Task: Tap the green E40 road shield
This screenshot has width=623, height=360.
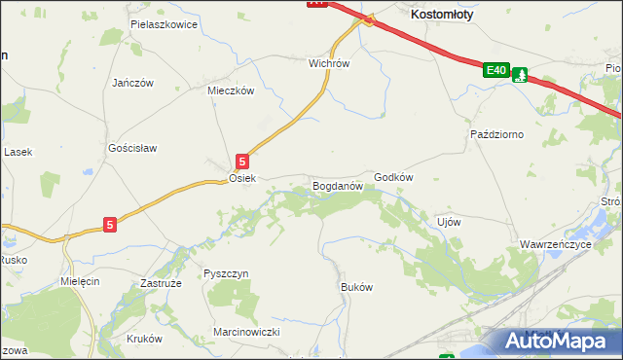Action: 496,70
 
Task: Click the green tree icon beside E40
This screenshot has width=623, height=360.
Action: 521,74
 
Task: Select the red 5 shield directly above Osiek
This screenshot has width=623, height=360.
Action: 243,162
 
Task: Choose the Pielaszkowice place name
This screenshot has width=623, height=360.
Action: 165,23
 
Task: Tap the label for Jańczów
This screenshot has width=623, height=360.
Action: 133,83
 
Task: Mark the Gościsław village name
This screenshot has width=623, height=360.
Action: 132,148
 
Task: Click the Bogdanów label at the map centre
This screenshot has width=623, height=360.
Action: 337,184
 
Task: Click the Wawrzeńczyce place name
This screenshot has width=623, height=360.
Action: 555,244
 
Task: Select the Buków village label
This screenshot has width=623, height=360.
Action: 356,287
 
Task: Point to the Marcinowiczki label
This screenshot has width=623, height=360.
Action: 246,332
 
